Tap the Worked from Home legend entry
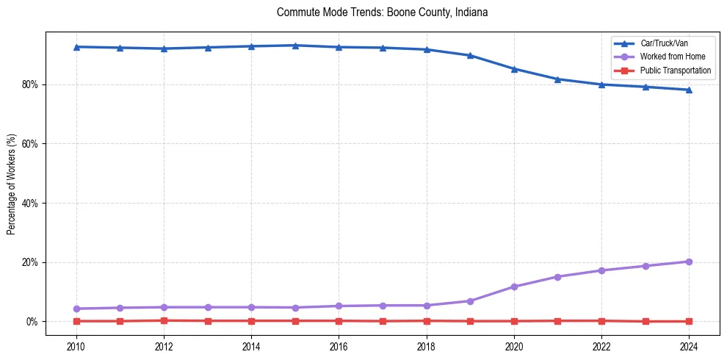[666, 57]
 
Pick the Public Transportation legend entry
[676, 71]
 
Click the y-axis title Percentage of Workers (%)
[12, 184]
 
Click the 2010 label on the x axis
[76, 346]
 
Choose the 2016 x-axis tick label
[339, 346]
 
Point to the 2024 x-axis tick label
[689, 346]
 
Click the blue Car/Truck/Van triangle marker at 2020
[514, 69]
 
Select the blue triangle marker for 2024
[689, 90]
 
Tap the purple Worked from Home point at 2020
[514, 287]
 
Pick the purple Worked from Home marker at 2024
[689, 262]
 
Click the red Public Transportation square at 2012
[164, 320]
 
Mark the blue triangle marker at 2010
[76, 47]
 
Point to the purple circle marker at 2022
[601, 270]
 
